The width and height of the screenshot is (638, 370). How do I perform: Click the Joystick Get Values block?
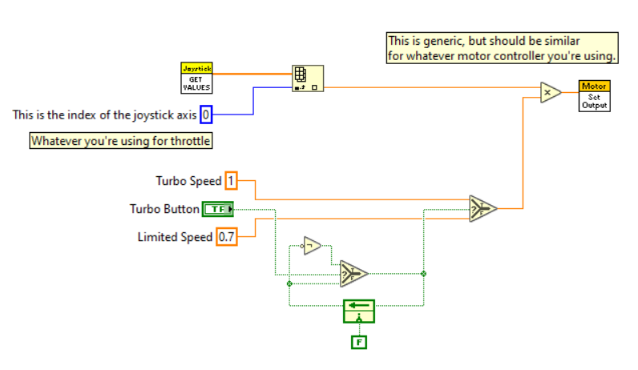[196, 78]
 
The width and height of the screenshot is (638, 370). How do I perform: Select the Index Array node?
[308, 78]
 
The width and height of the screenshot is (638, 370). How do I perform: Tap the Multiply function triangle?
[550, 92]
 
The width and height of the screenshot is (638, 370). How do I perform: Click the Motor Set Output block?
[594, 96]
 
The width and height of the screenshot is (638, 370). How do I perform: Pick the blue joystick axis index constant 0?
[206, 115]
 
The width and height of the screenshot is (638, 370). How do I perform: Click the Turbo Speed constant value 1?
[231, 180]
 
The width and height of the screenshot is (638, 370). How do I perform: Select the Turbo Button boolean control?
[218, 209]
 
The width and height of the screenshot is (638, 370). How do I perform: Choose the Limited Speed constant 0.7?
[226, 236]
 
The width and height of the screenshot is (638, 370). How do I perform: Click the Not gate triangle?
[312, 246]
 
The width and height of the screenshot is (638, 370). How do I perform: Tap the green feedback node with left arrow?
[359, 311]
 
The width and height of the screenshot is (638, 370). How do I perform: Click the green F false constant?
[359, 342]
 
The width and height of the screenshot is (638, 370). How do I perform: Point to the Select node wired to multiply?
[483, 208]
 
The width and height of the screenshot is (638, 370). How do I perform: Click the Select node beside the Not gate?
[353, 274]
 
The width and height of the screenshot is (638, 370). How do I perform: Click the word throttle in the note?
[190, 141]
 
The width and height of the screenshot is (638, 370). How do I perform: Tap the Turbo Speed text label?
[188, 181]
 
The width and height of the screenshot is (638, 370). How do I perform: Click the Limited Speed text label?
[175, 237]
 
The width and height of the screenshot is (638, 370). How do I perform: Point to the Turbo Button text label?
[164, 209]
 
